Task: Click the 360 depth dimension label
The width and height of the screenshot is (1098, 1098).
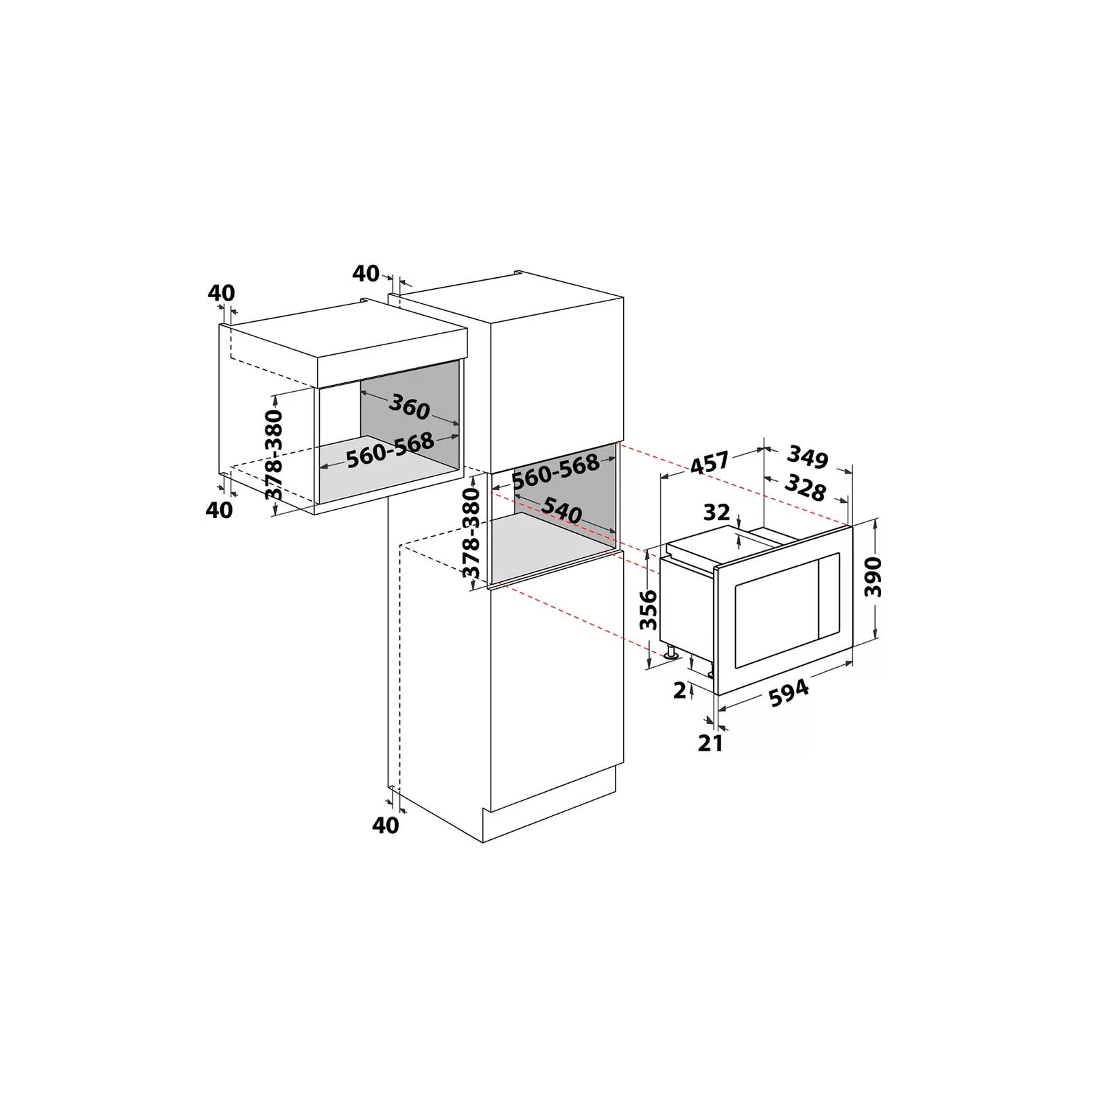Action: (x=409, y=408)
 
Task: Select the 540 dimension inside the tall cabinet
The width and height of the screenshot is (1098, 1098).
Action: (x=561, y=510)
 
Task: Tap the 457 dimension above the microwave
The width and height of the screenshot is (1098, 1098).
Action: (x=709, y=463)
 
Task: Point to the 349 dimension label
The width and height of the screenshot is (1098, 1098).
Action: (x=808, y=456)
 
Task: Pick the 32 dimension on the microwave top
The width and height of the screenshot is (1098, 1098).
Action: (x=716, y=511)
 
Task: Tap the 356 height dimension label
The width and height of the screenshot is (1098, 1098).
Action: (x=649, y=609)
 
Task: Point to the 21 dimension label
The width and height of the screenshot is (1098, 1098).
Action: (x=710, y=743)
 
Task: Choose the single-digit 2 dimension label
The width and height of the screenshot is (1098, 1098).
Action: (x=679, y=690)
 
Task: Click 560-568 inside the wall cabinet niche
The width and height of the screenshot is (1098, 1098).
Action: (x=389, y=450)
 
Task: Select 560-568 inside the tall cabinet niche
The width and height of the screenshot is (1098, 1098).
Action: (x=556, y=471)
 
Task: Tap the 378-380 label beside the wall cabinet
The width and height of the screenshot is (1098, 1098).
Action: (x=274, y=455)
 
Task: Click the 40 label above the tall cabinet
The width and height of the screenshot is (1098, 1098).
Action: (x=366, y=274)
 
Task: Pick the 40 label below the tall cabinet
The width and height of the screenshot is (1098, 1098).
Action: (x=385, y=825)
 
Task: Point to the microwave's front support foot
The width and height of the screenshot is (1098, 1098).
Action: (x=668, y=654)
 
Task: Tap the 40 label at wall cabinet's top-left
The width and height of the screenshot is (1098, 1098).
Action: (x=221, y=293)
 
